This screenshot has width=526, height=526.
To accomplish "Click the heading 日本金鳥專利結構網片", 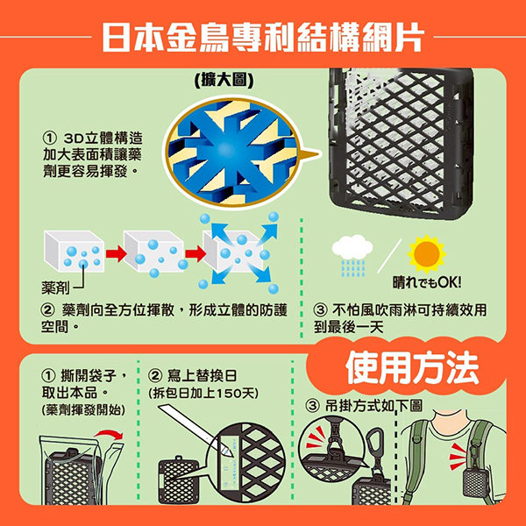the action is (x=263, y=37).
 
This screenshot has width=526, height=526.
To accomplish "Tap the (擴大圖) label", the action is (x=224, y=80).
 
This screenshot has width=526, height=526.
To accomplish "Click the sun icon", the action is (x=426, y=253).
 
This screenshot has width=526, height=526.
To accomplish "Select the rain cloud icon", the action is (x=352, y=255).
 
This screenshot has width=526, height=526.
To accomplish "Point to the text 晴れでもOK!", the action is (x=427, y=283).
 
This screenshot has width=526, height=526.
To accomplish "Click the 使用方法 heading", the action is (x=412, y=367).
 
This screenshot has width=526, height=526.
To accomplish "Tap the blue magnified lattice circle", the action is (x=231, y=152).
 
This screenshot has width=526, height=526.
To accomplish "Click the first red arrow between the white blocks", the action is (x=116, y=253).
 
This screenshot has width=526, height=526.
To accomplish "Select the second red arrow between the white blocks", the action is (x=195, y=253).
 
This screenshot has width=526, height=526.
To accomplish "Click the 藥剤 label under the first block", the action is (x=55, y=288).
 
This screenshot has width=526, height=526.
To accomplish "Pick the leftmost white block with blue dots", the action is (x=75, y=252).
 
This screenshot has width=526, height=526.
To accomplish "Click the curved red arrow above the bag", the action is (x=110, y=434).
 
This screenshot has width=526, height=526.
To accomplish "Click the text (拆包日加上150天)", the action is (x=204, y=393).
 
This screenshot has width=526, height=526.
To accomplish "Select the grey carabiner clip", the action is (x=374, y=443).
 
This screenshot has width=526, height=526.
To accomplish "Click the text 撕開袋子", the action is (x=89, y=375).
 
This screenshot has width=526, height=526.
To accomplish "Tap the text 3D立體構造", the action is (x=103, y=138).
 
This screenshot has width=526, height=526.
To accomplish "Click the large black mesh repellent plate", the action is (x=402, y=143).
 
